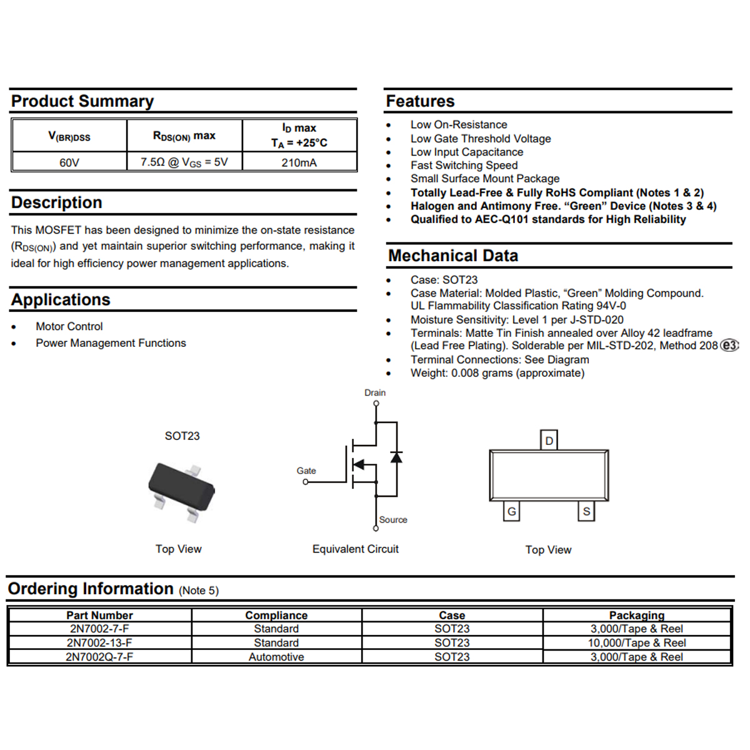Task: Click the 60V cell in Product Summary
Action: pos(69,162)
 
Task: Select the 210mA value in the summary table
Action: pos(299,162)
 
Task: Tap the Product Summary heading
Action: pos(82,101)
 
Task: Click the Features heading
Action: pos(420,101)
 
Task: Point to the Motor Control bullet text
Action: pos(69,326)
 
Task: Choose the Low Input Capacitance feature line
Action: pos(466,152)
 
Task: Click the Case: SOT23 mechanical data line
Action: pos(444,280)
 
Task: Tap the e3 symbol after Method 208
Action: pos(729,346)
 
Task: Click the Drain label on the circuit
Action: pos(375,392)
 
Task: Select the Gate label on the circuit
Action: pos(306,471)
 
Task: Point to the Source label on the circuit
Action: pos(393,520)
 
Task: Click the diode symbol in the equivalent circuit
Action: pos(396,457)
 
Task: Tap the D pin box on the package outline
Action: pos(549,441)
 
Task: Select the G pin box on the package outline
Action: pos(512,511)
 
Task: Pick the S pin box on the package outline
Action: pos(586,511)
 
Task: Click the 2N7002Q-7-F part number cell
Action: pos(99,657)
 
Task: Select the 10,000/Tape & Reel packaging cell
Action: pos(636,642)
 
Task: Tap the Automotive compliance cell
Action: pos(276,657)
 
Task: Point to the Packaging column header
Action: pos(636,615)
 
